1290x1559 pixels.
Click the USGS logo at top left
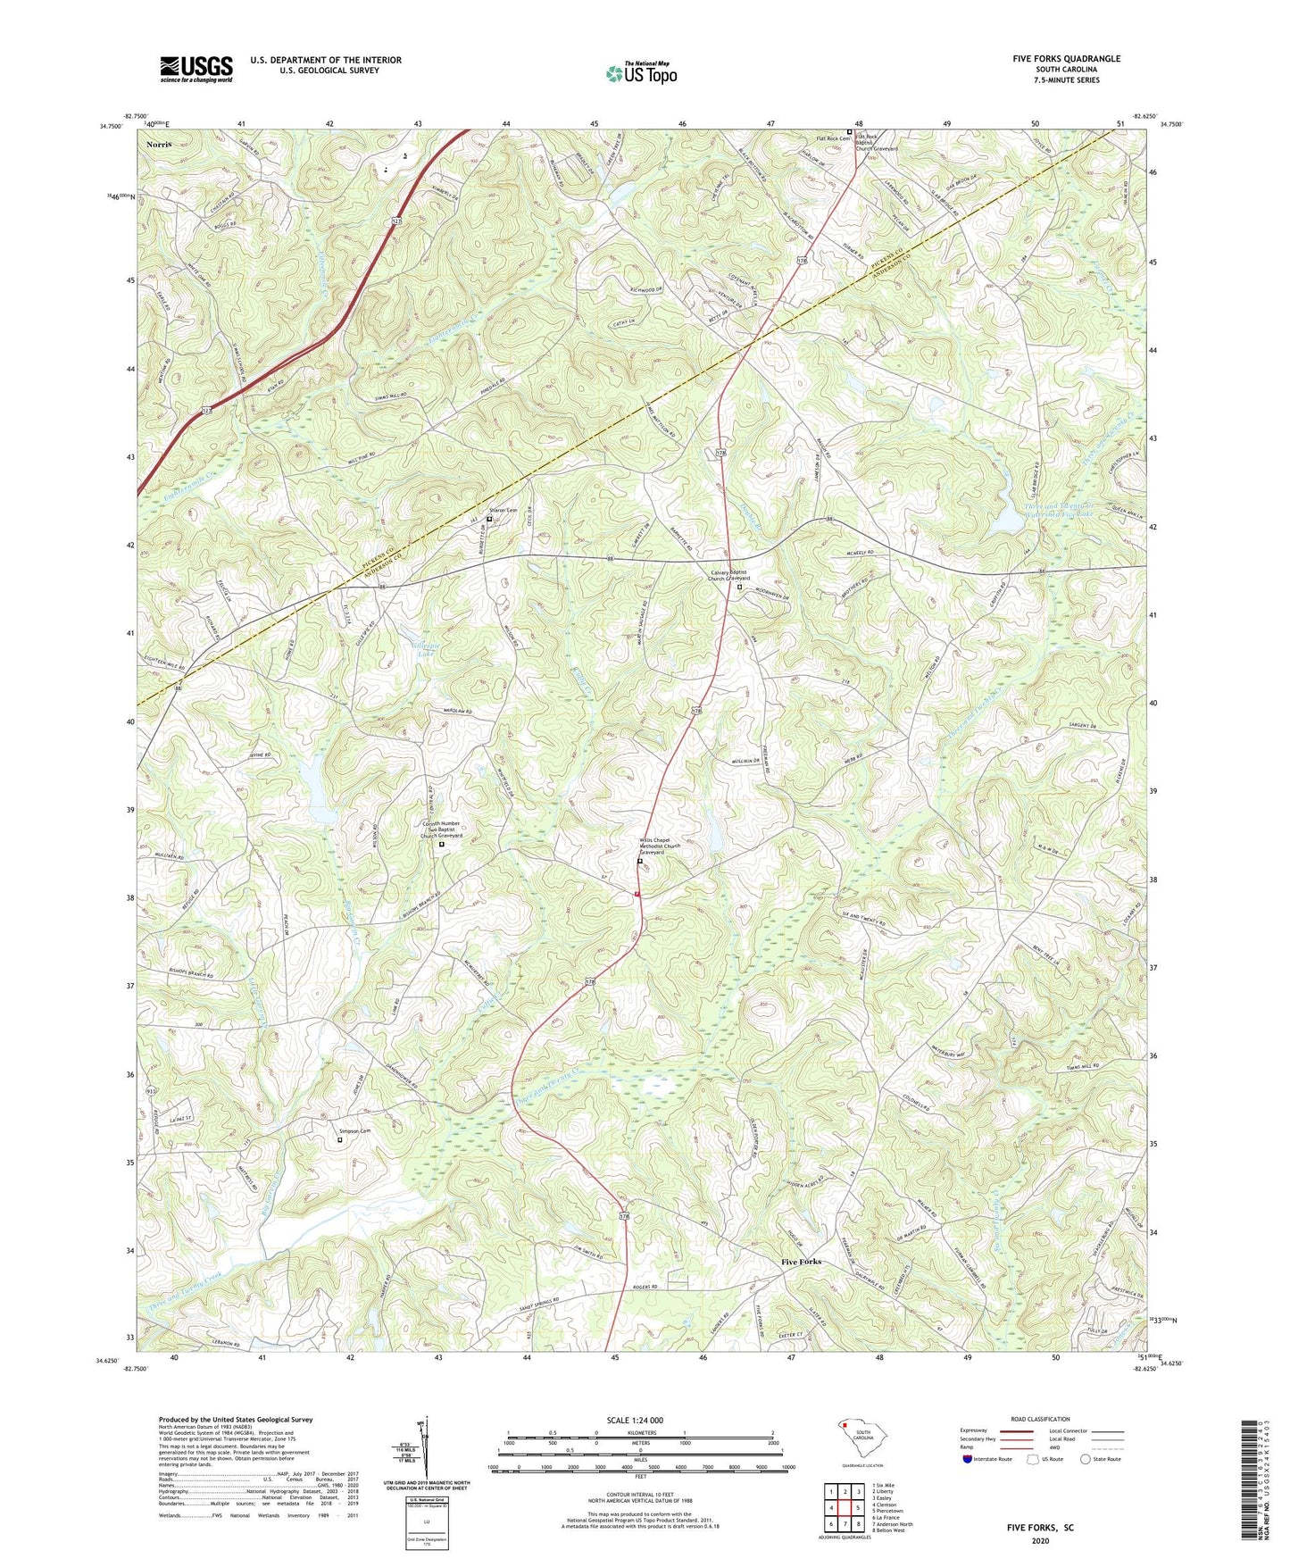click(x=196, y=68)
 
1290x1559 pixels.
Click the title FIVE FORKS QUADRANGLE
click(x=1066, y=59)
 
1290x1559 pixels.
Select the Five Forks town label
click(x=801, y=1262)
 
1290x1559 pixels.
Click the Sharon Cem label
click(x=501, y=511)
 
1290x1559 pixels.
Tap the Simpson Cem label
click(x=353, y=1130)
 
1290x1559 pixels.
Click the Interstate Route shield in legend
click(x=968, y=1459)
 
